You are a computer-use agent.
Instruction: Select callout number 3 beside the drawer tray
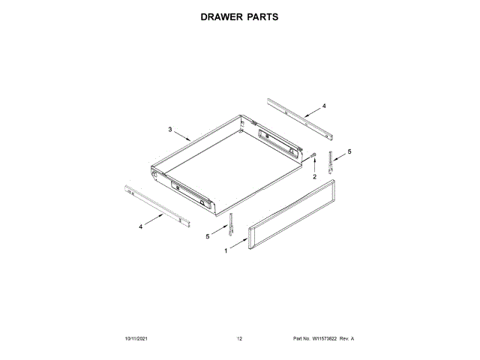tap(170, 130)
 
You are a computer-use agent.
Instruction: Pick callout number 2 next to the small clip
tap(314, 177)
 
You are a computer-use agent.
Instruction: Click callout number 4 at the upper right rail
tap(324, 106)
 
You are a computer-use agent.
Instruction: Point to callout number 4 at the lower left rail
tap(141, 226)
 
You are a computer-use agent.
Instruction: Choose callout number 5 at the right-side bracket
tap(349, 151)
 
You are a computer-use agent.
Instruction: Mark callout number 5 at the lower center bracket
tap(208, 236)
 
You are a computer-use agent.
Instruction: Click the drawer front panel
tap(293, 216)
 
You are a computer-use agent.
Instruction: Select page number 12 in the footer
tap(239, 339)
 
